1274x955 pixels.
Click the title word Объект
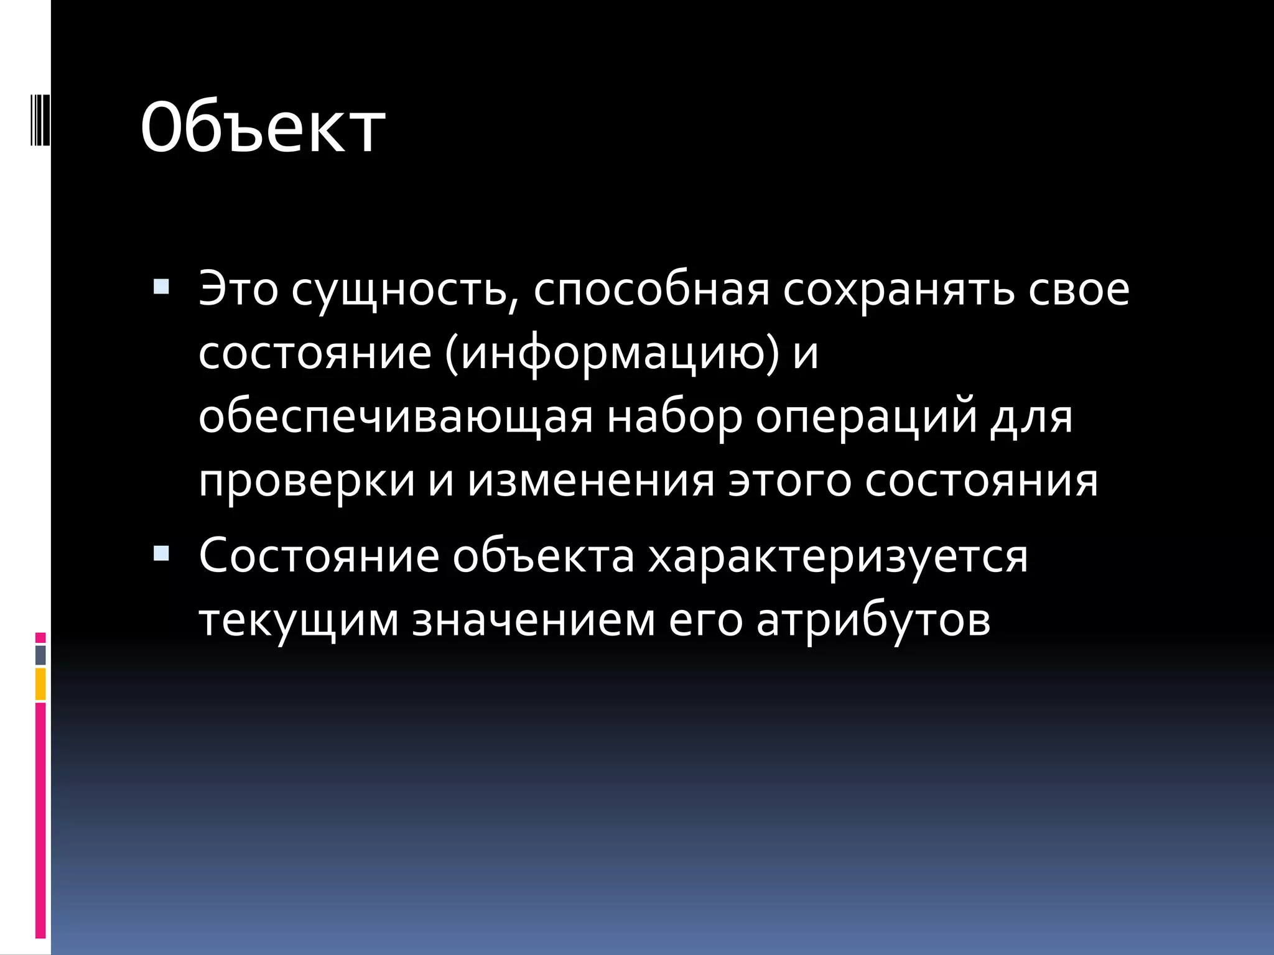pos(263,127)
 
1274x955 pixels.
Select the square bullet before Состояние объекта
pos(161,553)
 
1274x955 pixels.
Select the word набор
pos(674,417)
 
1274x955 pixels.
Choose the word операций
pos(865,417)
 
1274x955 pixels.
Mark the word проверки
pos(307,481)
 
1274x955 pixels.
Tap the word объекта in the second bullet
pos(543,556)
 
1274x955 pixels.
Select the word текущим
pos(299,621)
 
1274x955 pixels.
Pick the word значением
pos(534,621)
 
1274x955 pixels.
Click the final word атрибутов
pos(873,621)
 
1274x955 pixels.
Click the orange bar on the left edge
pos(40,684)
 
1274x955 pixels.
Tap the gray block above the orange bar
pos(40,655)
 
